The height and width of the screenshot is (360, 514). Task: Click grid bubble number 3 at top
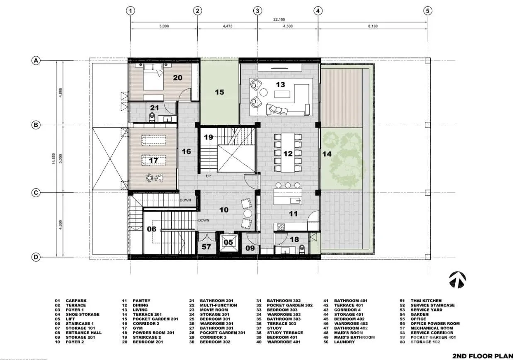pyautogui.click(x=257, y=11)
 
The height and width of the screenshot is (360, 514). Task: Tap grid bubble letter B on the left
pyautogui.click(x=36, y=125)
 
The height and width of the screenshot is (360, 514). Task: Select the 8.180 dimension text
pyautogui.click(x=373, y=26)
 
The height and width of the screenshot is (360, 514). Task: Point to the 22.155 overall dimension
pyautogui.click(x=279, y=19)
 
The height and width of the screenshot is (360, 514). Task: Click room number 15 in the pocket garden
pyautogui.click(x=219, y=92)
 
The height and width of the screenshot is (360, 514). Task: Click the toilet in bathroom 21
pyautogui.click(x=152, y=117)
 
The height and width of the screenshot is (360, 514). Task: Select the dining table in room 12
pyautogui.click(x=288, y=153)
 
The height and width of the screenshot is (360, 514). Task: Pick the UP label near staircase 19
pyautogui.click(x=209, y=176)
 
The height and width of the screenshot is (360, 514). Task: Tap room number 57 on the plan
pyautogui.click(x=206, y=247)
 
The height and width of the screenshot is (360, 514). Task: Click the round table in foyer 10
pyautogui.click(x=248, y=214)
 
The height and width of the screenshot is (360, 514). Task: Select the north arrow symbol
pyautogui.click(x=458, y=280)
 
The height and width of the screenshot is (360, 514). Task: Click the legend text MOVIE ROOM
pyautogui.click(x=214, y=310)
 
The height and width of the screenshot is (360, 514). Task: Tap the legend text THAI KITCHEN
pyautogui.click(x=426, y=301)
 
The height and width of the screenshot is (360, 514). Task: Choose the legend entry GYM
pyautogui.click(x=138, y=328)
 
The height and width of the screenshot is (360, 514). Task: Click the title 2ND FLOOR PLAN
pyautogui.click(x=483, y=356)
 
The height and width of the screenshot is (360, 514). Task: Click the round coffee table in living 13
pyautogui.click(x=264, y=92)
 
